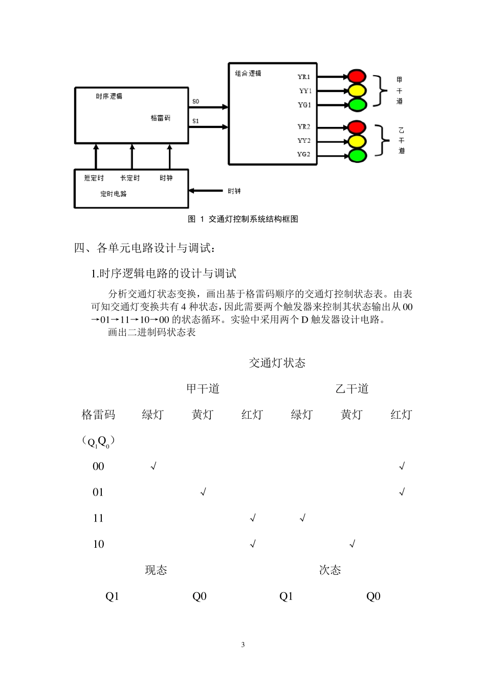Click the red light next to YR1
[x=357, y=77]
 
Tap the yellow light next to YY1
[x=357, y=91]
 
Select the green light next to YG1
[x=357, y=105]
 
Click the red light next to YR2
[x=357, y=127]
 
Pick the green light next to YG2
[x=357, y=155]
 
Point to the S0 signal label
[x=195, y=101]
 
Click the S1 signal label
[x=195, y=121]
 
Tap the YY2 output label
[x=304, y=141]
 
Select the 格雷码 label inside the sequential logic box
[x=161, y=118]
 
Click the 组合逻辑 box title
[x=248, y=73]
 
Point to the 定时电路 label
[x=114, y=194]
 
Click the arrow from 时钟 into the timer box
[x=207, y=191]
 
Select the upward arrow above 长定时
[x=132, y=156]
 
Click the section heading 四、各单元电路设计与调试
[x=145, y=248]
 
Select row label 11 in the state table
[x=98, y=518]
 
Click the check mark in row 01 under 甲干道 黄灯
[x=203, y=492]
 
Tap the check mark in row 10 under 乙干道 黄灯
[x=352, y=544]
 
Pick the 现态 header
[x=156, y=570]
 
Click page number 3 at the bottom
[x=243, y=644]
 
